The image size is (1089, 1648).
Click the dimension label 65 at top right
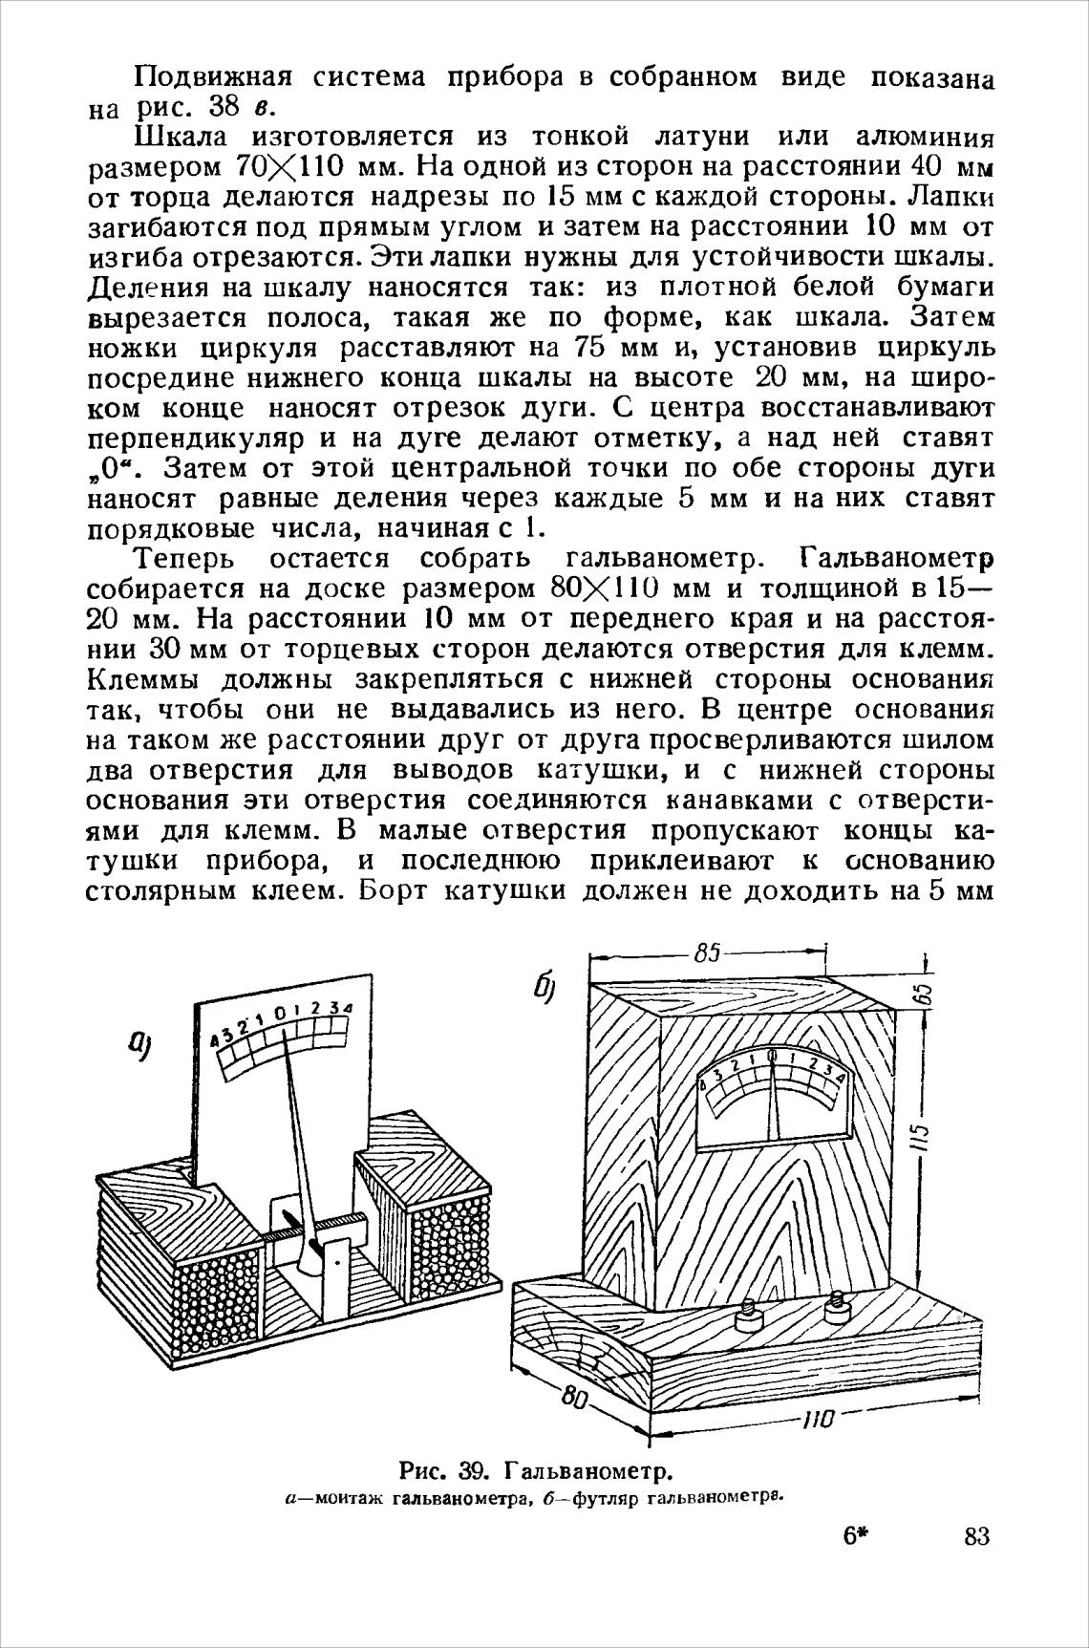point(924,995)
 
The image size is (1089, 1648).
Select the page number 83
point(976,1536)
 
